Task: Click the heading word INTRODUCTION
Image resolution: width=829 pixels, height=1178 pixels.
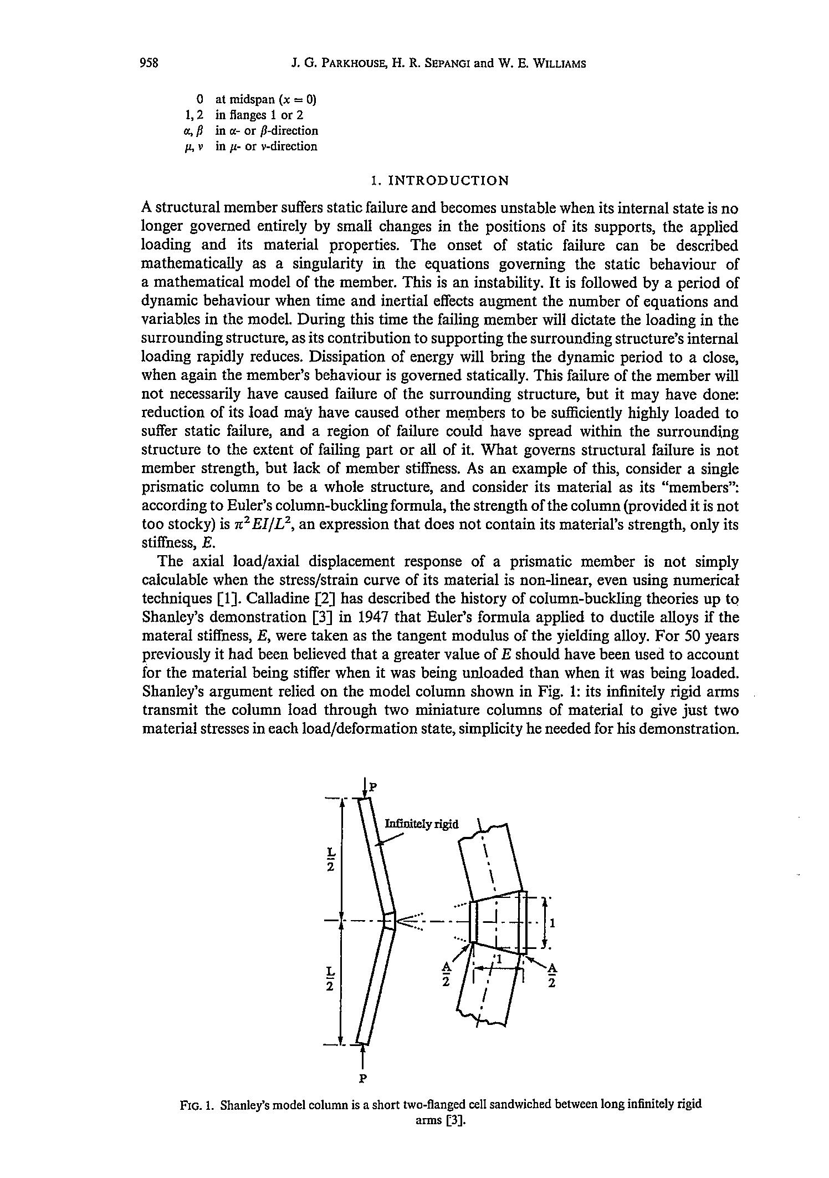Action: pos(447,181)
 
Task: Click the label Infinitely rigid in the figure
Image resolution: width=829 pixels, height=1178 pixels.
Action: pos(422,824)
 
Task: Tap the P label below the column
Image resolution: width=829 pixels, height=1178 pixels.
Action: pos(363,1079)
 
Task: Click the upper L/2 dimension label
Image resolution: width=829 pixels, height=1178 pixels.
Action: pos(330,859)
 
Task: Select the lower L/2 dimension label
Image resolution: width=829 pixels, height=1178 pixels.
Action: pos(330,979)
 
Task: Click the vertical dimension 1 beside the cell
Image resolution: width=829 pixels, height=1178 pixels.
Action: pos(552,923)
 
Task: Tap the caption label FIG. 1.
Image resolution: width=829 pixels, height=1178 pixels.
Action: pos(197,1104)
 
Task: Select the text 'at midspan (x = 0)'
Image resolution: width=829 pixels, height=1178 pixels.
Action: pos(265,100)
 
